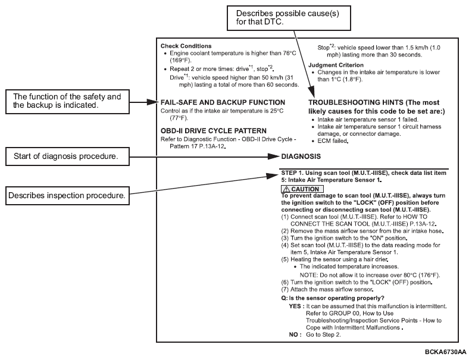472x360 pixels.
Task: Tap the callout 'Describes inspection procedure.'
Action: pos(67,196)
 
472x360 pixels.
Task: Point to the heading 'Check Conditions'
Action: pos(186,46)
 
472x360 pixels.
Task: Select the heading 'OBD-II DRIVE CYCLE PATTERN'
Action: pos(214,130)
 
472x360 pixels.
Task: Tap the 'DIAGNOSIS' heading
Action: pos(301,156)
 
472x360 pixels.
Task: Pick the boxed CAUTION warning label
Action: pos(302,189)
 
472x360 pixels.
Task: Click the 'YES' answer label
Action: pos(296,306)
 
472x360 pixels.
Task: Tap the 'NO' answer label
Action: pos(294,335)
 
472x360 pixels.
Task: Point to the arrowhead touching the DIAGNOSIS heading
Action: pos(278,156)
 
